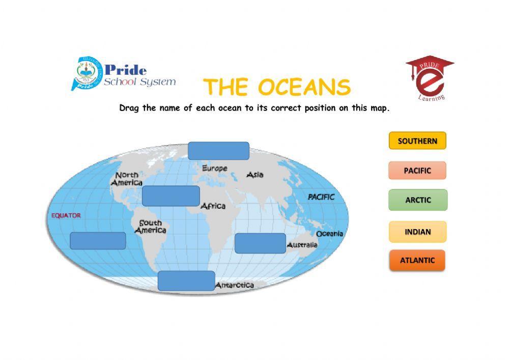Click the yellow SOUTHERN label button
tap(417, 141)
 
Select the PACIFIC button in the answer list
tap(417, 171)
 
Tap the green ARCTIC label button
tap(418, 200)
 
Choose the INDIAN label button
tap(418, 232)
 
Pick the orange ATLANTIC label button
tap(417, 260)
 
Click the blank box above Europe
tap(218, 151)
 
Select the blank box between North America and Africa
tap(171, 196)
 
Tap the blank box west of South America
tap(98, 240)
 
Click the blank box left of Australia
tap(260, 243)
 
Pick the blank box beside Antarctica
tap(186, 281)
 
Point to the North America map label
tap(127, 179)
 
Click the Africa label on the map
tap(213, 206)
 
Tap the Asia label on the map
tap(255, 175)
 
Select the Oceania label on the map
tap(330, 234)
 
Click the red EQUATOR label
tap(66, 215)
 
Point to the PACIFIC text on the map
tap(321, 197)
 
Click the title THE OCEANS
tap(277, 88)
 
